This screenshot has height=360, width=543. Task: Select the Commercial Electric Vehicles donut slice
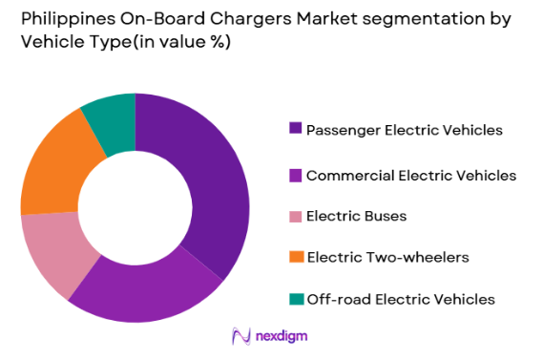pyautogui.click(x=143, y=292)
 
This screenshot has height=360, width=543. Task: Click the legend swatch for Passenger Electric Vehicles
pyautogui.click(x=296, y=129)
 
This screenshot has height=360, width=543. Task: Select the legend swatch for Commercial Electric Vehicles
pyautogui.click(x=296, y=176)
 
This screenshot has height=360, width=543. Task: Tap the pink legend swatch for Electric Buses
pyautogui.click(x=296, y=216)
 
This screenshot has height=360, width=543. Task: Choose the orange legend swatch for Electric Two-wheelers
pyautogui.click(x=296, y=257)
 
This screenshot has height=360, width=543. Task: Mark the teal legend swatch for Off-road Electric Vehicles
pyautogui.click(x=296, y=299)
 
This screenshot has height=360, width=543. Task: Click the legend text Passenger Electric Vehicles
pyautogui.click(x=403, y=129)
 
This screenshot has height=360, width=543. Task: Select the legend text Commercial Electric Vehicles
pyautogui.click(x=410, y=176)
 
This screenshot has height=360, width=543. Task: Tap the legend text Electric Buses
pyautogui.click(x=356, y=216)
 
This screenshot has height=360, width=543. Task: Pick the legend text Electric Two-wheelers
pyautogui.click(x=387, y=257)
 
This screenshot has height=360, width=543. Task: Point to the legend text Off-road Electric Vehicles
pyautogui.click(x=400, y=299)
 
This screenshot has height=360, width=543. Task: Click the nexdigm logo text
pyautogui.click(x=282, y=336)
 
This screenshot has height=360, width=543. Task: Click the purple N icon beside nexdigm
pyautogui.click(x=240, y=336)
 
